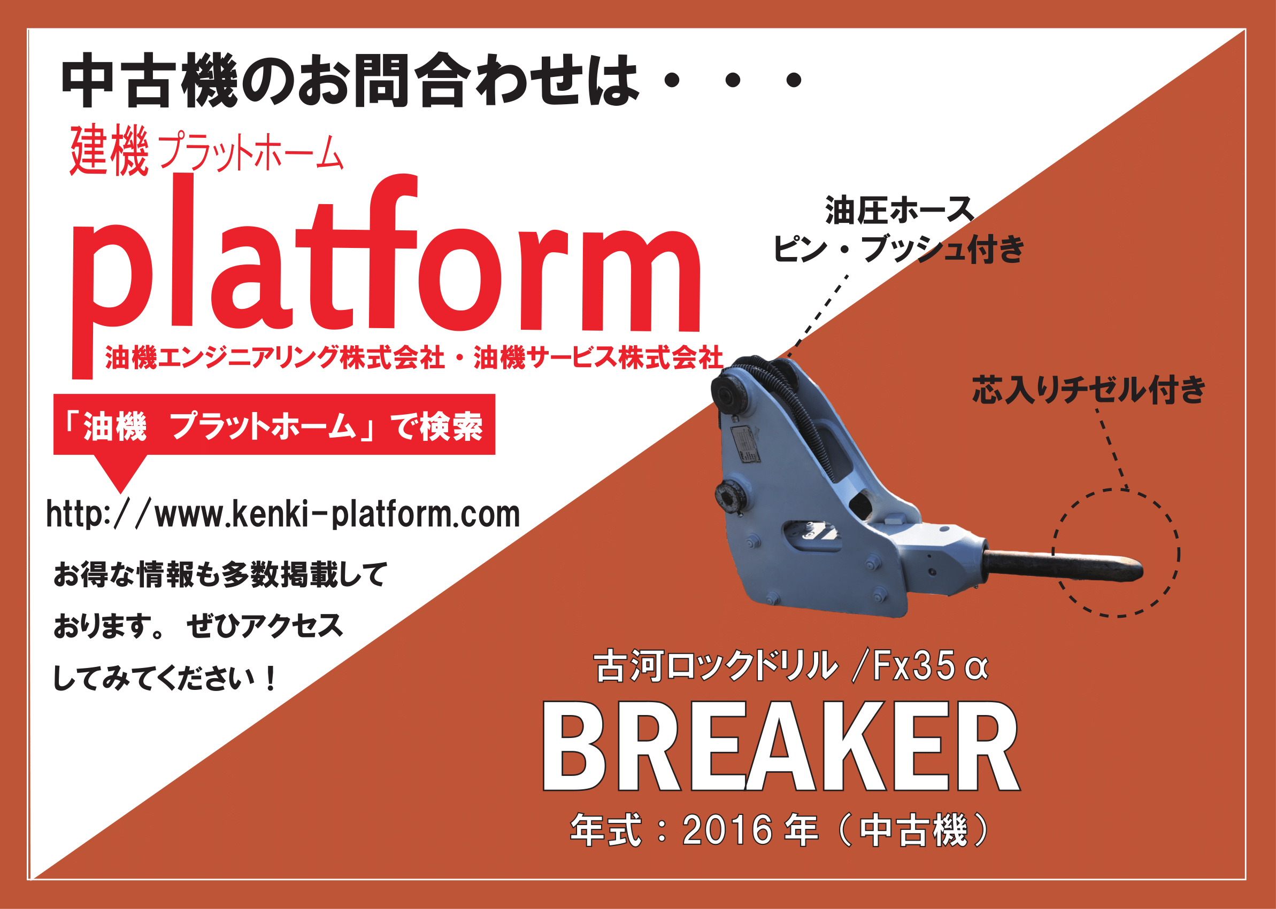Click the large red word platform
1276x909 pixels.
click(x=387, y=274)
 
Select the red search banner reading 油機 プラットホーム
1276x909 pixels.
click(x=274, y=424)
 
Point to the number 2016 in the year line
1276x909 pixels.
click(x=728, y=829)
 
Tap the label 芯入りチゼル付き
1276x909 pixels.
click(x=1089, y=390)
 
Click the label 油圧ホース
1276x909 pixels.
click(x=901, y=210)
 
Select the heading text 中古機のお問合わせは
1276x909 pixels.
click(x=351, y=80)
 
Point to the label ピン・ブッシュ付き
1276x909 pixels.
click(x=899, y=249)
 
